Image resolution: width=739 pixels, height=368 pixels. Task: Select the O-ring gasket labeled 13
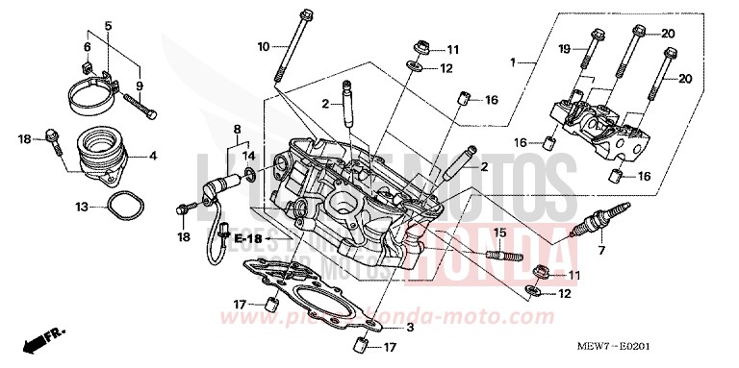coord(120,205)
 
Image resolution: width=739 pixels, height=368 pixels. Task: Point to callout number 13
coord(83,206)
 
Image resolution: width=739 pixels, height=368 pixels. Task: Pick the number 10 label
coord(263,46)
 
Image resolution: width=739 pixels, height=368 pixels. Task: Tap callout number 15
coord(499,233)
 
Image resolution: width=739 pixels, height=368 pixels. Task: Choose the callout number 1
coord(515,62)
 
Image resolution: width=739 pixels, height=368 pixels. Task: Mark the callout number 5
coord(108,24)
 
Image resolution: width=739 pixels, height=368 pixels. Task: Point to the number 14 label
coord(248,155)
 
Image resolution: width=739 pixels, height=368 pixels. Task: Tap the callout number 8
coord(236,128)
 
